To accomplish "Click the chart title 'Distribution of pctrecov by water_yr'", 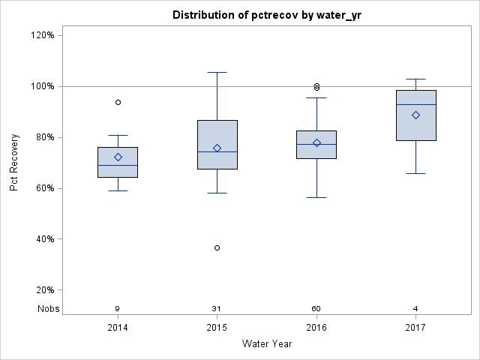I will click(x=266, y=15).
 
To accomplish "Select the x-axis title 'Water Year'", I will click(x=266, y=343).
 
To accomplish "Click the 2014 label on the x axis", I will click(x=118, y=327).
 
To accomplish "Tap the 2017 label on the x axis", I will click(x=415, y=327).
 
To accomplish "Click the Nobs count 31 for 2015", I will click(x=217, y=309).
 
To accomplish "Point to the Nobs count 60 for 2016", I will click(x=316, y=309).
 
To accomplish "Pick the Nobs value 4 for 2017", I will click(x=415, y=309).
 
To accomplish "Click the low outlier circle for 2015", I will click(x=217, y=247).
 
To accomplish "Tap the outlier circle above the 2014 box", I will click(x=118, y=102).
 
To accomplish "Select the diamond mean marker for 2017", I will click(x=415, y=115).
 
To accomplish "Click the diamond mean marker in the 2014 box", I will click(x=118, y=157).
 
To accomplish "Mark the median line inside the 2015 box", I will click(x=217, y=151).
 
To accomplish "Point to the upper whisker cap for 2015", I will click(x=217, y=72).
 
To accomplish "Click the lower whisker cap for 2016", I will click(x=316, y=197).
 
